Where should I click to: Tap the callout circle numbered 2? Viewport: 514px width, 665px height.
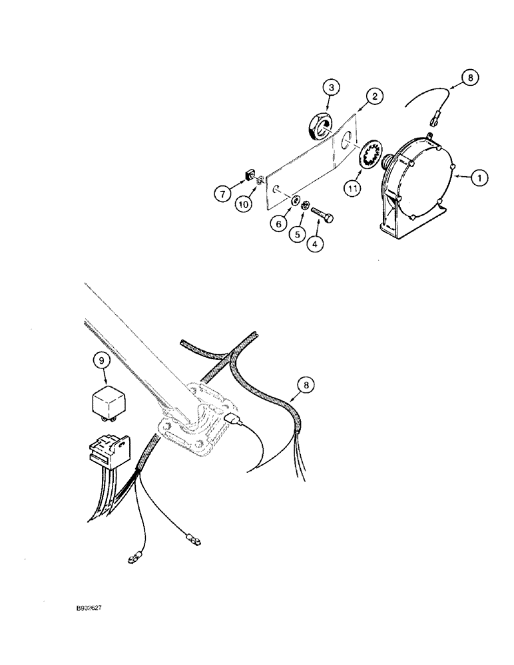tap(375, 97)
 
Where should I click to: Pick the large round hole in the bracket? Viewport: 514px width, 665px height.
tap(345, 141)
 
